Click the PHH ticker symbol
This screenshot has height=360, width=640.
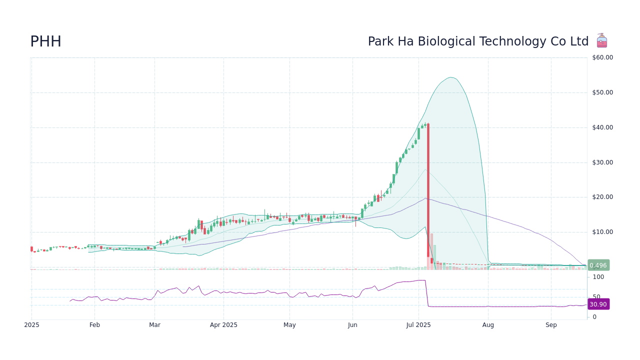45,42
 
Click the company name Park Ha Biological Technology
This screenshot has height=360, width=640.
478,42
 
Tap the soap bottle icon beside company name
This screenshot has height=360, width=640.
601,40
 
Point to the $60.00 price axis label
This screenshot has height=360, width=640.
602,57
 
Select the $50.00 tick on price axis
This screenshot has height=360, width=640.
602,92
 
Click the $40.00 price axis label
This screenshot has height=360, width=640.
602,127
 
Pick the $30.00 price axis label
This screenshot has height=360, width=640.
602,162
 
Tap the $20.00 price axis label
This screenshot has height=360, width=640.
602,197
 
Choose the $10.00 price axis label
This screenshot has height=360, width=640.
602,232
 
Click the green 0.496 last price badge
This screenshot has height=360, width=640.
598,265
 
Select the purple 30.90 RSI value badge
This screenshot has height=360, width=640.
598,304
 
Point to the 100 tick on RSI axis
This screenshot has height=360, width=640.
598,277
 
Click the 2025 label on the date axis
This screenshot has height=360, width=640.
31,325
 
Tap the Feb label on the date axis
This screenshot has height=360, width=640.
94,325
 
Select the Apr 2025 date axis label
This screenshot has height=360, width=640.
223,325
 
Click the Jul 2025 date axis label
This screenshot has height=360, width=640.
418,325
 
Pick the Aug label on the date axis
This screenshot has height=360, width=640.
488,325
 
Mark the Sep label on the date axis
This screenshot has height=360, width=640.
551,325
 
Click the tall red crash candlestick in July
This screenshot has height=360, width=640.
428,190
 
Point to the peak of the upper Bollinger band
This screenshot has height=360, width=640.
450,77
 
